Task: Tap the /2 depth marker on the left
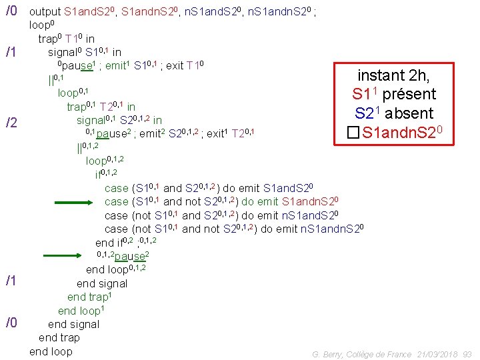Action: coord(11,123)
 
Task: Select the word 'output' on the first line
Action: coord(45,12)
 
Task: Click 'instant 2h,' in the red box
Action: coord(394,75)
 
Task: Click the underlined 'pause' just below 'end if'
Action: coord(131,257)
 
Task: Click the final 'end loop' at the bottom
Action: coord(51,351)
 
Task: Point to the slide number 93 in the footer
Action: coord(467,354)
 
